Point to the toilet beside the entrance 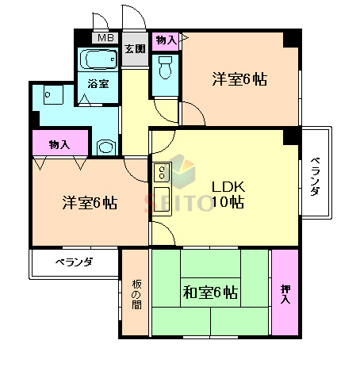tap(166, 70)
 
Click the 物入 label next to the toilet tap(166, 40)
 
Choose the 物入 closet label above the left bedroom tap(59, 144)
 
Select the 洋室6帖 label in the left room tap(89, 202)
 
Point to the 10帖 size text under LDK tap(228, 203)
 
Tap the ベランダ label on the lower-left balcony tap(74, 262)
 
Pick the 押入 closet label tap(285, 293)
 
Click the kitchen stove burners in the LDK tap(161, 172)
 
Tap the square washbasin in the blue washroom tap(52, 95)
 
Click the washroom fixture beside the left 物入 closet tap(104, 146)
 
